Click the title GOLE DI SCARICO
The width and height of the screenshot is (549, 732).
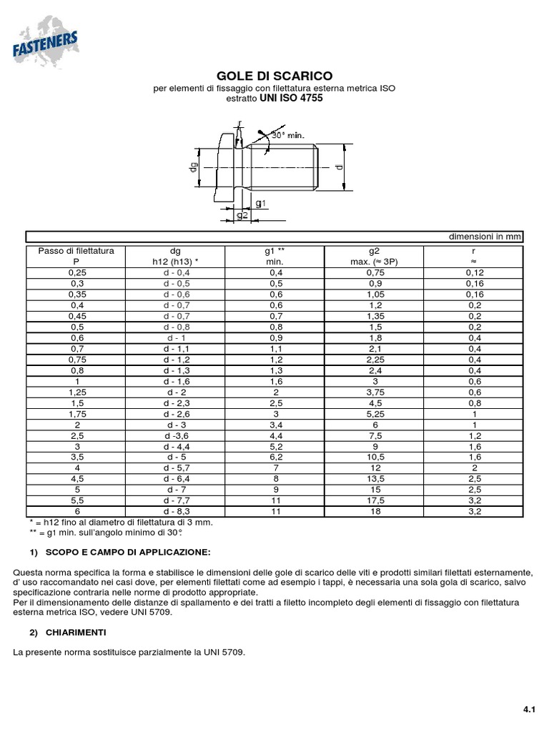pyautogui.click(x=274, y=76)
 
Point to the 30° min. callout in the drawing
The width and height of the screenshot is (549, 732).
pyautogui.click(x=288, y=134)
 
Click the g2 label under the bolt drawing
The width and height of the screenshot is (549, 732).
pyautogui.click(x=242, y=215)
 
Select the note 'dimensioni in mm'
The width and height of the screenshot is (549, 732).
pyautogui.click(x=485, y=237)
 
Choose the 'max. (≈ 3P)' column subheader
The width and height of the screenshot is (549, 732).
pyautogui.click(x=374, y=262)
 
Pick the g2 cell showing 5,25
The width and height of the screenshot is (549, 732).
pyautogui.click(x=374, y=414)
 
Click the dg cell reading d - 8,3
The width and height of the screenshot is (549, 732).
pyautogui.click(x=175, y=512)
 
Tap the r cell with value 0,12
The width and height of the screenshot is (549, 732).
pyautogui.click(x=474, y=272)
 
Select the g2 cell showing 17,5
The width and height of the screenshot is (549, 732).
pyautogui.click(x=374, y=501)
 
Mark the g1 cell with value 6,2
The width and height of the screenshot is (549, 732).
pyautogui.click(x=275, y=457)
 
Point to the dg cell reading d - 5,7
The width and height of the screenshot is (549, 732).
pyautogui.click(x=175, y=468)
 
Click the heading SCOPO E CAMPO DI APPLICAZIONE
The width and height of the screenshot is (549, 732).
pyautogui.click(x=128, y=553)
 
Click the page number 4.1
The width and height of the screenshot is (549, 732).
pyautogui.click(x=529, y=710)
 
